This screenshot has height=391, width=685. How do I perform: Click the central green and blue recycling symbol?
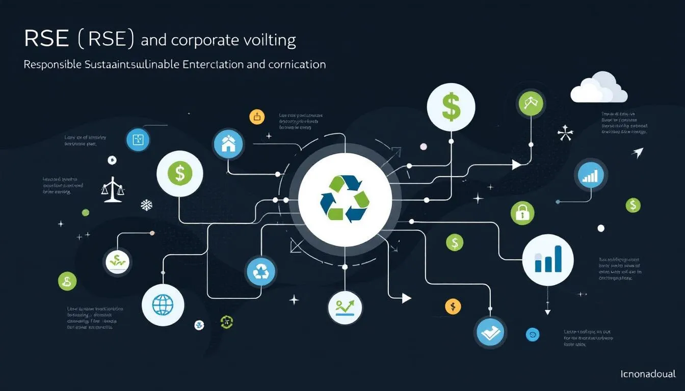click(345, 199)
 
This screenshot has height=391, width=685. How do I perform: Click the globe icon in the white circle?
click(163, 304)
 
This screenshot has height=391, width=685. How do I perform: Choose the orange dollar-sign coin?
click(453, 306)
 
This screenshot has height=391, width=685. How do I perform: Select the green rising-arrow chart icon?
click(345, 307)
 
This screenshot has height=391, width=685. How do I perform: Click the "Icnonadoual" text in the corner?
click(648, 374)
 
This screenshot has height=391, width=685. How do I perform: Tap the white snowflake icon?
click(146, 205)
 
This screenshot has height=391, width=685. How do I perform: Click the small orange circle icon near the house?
click(257, 117)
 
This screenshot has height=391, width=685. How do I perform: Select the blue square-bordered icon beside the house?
click(138, 140)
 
